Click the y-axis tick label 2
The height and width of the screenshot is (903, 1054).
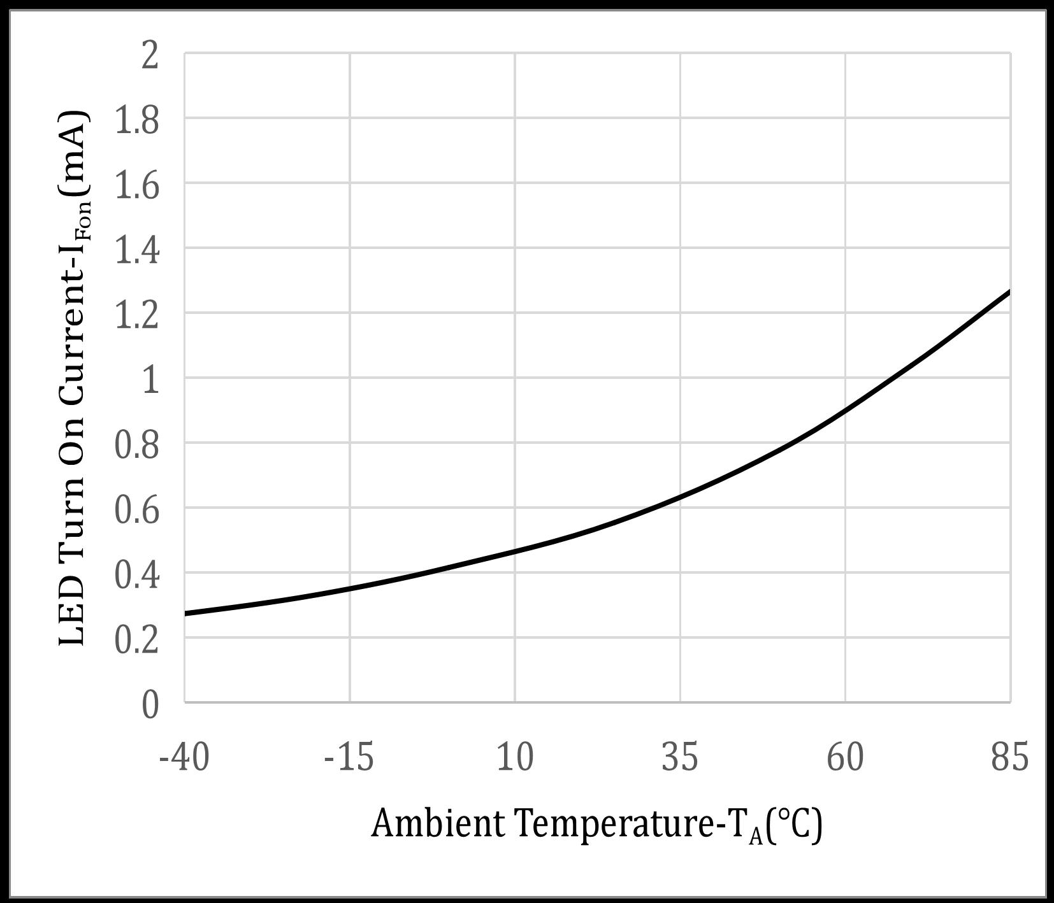click(x=150, y=56)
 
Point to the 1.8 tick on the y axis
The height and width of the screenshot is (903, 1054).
click(x=136, y=121)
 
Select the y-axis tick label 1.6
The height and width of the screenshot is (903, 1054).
click(x=136, y=186)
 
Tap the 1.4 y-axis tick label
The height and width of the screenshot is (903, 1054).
click(x=136, y=251)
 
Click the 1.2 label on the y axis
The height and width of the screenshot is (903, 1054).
click(x=136, y=316)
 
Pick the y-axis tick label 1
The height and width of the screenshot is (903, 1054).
click(x=150, y=381)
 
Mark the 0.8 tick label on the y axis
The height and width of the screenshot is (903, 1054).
click(x=136, y=446)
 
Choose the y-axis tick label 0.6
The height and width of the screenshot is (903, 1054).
click(x=136, y=511)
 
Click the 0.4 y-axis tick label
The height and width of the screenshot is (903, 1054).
click(x=136, y=576)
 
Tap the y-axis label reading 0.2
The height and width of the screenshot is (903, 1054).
click(x=136, y=641)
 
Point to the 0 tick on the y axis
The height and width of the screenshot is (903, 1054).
click(x=150, y=706)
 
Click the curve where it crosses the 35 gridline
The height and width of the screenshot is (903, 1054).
click(x=680, y=496)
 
